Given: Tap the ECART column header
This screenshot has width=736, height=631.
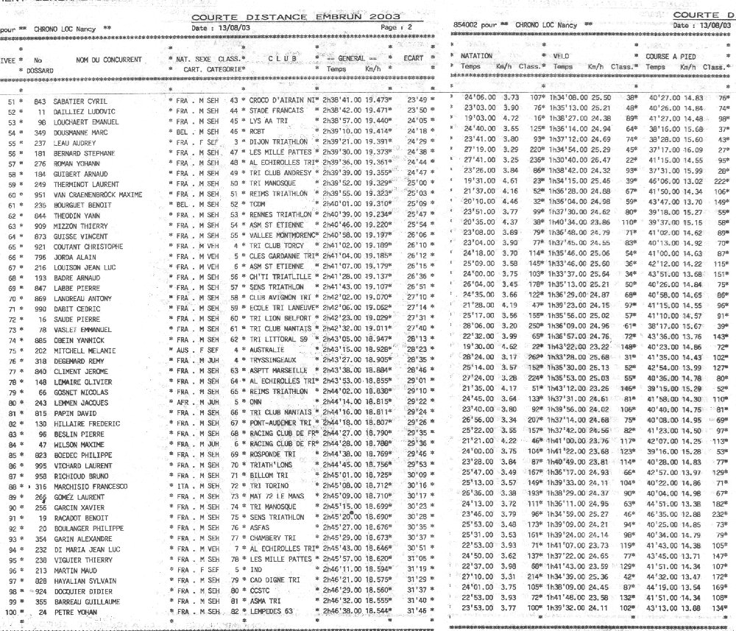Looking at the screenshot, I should coord(416,56).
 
